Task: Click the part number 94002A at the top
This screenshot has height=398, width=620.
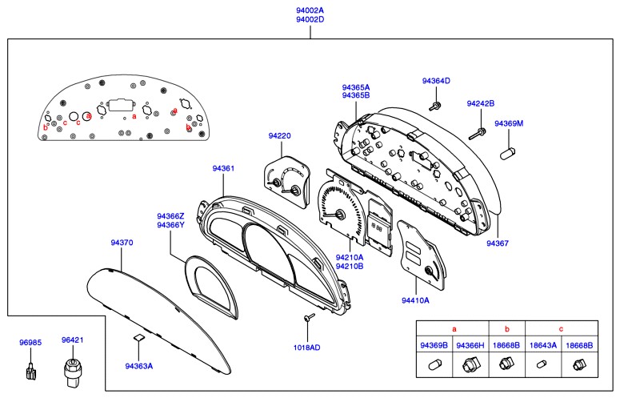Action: (x=310, y=10)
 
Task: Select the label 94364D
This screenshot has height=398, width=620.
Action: (x=436, y=81)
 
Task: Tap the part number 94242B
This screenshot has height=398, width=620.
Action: (x=481, y=104)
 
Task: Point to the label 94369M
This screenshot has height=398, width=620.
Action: (x=508, y=123)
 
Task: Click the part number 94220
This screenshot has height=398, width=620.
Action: (x=279, y=137)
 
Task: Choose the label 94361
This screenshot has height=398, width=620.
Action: (x=223, y=169)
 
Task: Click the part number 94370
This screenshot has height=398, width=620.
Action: (x=121, y=240)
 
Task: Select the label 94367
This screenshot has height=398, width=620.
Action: (x=498, y=242)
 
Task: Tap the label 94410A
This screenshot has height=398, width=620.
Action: (x=415, y=300)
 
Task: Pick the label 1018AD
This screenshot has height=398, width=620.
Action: (x=306, y=348)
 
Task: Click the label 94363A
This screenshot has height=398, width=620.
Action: (x=138, y=366)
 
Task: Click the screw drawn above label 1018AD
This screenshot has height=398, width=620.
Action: (x=306, y=320)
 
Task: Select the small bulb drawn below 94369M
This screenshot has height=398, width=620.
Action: (x=506, y=150)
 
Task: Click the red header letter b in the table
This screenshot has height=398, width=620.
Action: (x=506, y=328)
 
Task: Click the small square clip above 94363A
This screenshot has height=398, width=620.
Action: (x=138, y=338)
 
